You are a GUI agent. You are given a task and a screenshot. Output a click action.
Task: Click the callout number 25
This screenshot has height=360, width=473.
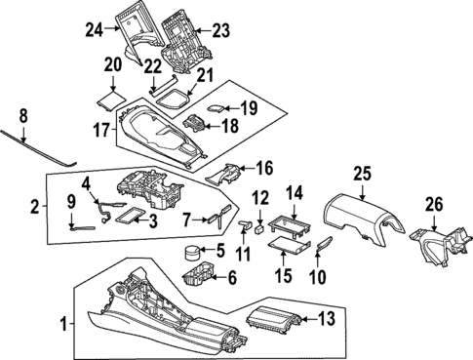[363, 175]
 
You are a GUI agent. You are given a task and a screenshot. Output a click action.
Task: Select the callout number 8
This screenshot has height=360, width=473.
[25, 114]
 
